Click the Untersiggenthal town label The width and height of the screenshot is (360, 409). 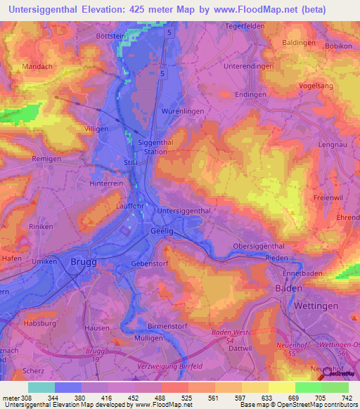(x=185, y=211)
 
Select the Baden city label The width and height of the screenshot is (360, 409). (x=288, y=288)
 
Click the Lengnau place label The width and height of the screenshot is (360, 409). (x=333, y=144)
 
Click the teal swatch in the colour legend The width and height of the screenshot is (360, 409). (x=41, y=387)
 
